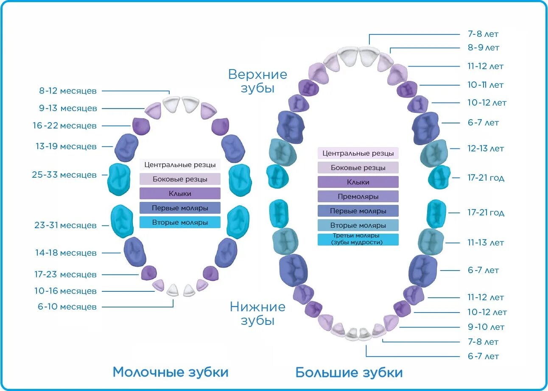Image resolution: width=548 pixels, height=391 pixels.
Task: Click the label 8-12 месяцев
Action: pos(68,91)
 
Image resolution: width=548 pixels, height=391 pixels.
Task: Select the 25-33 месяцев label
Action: pos(64,175)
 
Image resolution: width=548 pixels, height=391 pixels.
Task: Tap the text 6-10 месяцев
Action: pos(67,307)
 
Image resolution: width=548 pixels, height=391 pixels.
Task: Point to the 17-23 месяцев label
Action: pos(65,274)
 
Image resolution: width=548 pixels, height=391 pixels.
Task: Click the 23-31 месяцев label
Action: pos(65,225)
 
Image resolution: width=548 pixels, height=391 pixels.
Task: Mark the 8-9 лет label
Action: pos(483,47)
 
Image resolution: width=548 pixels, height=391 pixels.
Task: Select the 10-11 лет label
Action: pos(485,85)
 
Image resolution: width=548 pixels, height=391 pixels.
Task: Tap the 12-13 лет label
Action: pos(486,148)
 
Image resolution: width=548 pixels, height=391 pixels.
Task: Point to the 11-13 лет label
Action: pos(486,243)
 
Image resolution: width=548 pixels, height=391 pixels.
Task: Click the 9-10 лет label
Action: pos(486,327)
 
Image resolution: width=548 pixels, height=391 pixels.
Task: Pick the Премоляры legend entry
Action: pos(358,196)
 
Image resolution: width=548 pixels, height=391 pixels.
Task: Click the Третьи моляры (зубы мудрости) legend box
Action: pos(358,239)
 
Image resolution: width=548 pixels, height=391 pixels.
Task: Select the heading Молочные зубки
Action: pos(170,372)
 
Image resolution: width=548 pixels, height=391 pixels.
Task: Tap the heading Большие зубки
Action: pos(349,373)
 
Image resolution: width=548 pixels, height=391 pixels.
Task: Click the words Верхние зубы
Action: pos(257,81)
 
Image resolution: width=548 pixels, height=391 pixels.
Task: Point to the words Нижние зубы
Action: pos(257,313)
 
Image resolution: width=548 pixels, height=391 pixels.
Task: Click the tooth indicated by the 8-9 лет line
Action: pos(385,62)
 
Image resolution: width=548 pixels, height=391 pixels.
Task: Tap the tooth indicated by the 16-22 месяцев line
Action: pos(141,126)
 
